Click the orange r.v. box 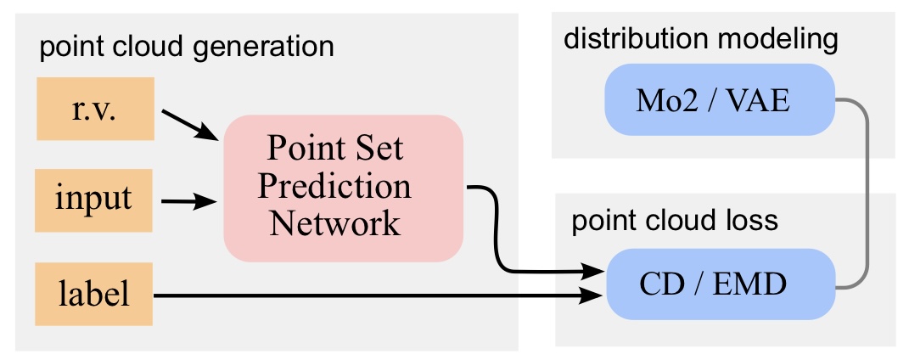click(94, 109)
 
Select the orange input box click(94, 200)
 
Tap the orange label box click(94, 294)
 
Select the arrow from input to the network click(188, 202)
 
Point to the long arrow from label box click(373, 295)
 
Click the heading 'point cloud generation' click(187, 46)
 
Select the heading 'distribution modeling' click(701, 38)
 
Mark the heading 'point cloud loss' click(675, 222)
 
